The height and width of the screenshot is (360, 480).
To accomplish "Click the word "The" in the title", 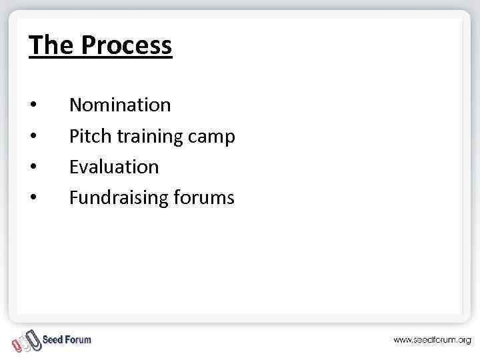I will (52, 45).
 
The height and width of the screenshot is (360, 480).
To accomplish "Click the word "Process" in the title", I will (126, 45).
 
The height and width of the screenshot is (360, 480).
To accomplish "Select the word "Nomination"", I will (120, 105).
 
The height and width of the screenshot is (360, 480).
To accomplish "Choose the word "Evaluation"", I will (114, 167).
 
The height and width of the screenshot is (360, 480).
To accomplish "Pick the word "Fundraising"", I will (118, 198).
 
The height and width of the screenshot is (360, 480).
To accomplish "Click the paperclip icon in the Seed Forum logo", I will (26, 341).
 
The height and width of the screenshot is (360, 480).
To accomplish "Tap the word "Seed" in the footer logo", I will (53, 339).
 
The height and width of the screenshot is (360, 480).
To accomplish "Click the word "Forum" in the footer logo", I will (78, 339).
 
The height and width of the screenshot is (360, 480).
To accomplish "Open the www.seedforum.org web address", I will (431, 340).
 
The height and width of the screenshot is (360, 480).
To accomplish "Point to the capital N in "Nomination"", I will (75, 105).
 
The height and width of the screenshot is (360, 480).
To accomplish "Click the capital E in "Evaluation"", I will (73, 167).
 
